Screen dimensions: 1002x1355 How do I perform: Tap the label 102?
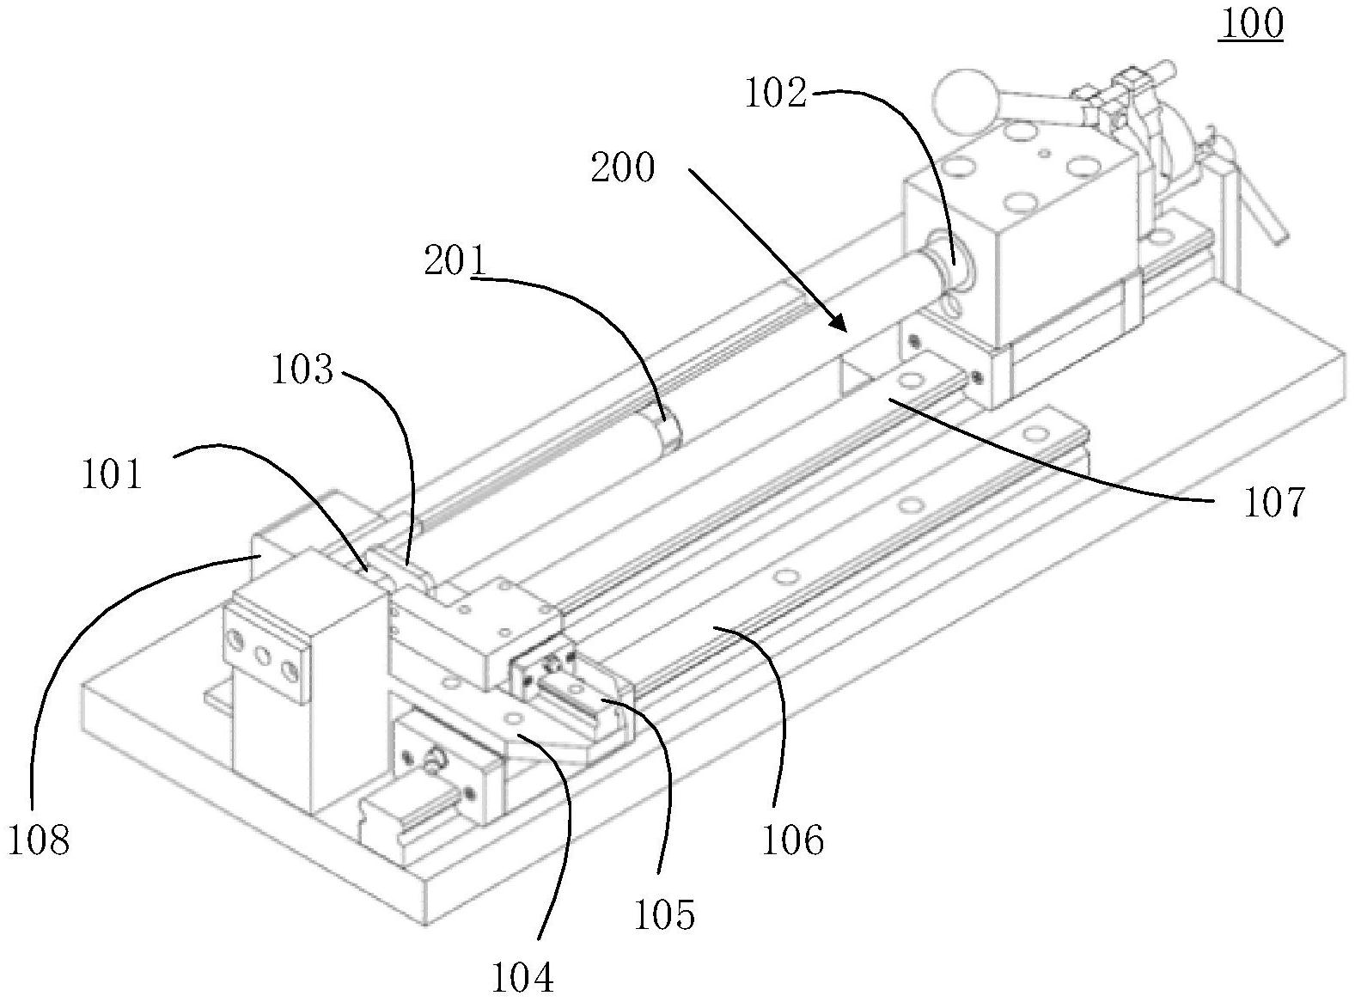(775, 94)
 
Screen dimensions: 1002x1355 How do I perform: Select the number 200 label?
(623, 168)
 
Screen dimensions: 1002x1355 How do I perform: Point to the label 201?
(455, 261)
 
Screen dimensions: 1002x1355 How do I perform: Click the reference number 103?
(302, 370)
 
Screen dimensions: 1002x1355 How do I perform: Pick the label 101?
(112, 474)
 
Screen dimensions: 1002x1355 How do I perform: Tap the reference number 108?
(38, 840)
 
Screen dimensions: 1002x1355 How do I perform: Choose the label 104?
(522, 977)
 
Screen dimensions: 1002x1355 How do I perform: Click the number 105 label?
(663, 915)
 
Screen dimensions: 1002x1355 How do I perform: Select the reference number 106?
(792, 840)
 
